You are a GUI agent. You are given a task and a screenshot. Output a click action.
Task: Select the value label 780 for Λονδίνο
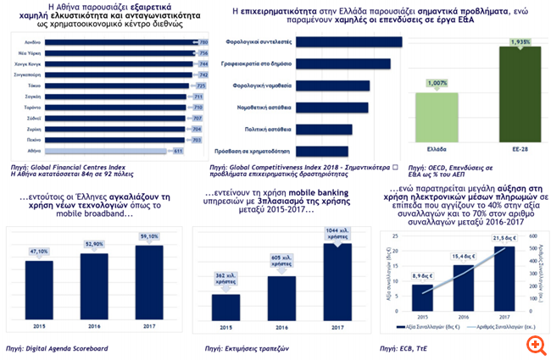click(202, 41)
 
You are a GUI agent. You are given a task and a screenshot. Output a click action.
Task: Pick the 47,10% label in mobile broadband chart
click(40, 252)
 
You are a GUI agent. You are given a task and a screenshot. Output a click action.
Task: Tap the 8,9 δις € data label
click(423, 277)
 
